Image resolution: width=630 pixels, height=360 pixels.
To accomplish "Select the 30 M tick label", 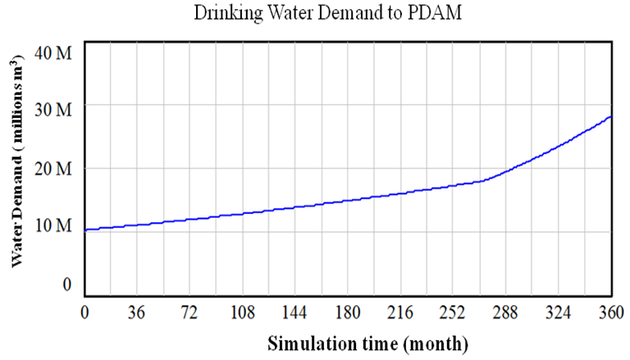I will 55,109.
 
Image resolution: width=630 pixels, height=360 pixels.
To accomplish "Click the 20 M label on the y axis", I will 55,168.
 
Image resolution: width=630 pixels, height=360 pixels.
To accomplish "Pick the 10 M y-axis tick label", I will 55,226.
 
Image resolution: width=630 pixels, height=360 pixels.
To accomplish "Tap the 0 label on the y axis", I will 67,284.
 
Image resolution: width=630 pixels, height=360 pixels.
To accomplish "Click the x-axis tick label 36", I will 137,312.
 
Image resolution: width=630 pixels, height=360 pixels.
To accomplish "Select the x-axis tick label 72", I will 189,312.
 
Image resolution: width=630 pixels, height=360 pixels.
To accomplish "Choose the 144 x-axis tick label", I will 295,312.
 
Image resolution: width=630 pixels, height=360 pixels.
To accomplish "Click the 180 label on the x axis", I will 348,312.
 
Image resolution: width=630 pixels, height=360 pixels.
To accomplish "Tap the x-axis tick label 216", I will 400,312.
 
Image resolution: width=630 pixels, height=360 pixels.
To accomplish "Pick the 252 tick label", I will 454,312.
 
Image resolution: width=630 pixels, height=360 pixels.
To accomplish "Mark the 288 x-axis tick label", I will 506,312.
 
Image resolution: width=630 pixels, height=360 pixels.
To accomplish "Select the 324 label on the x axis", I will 559,312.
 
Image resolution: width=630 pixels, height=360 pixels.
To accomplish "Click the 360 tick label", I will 611,312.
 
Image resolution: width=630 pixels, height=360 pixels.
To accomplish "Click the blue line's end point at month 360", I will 611,116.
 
